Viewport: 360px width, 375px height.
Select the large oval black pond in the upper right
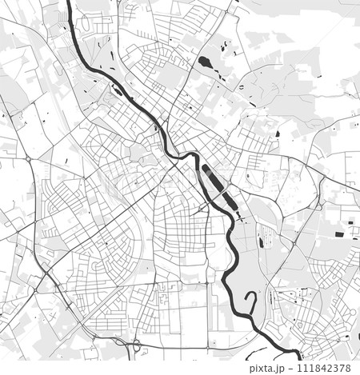(205, 62)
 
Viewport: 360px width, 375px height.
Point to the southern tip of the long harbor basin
(238, 214)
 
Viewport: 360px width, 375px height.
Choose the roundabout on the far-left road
(28, 159)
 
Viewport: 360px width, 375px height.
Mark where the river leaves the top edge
(69, 2)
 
